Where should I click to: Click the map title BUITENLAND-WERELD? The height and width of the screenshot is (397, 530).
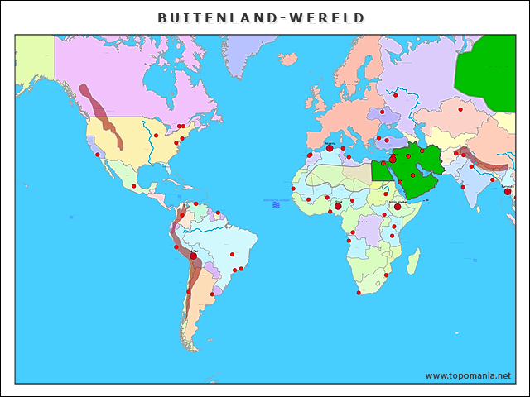(261, 17)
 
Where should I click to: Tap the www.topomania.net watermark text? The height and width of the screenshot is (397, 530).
(468, 375)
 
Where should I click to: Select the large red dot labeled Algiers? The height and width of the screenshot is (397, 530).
(329, 149)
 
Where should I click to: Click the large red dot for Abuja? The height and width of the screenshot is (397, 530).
(338, 206)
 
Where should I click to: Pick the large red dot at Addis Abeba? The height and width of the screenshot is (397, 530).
(397, 207)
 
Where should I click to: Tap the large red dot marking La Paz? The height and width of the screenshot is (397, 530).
(194, 256)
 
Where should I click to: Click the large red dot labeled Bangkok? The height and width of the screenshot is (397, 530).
(508, 191)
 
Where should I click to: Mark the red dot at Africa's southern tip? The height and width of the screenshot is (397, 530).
(358, 292)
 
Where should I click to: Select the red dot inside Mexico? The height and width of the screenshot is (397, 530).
(133, 186)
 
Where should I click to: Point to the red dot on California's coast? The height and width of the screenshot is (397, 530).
(97, 155)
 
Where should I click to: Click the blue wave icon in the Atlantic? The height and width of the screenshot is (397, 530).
(277, 202)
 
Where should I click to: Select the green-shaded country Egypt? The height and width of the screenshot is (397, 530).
(383, 170)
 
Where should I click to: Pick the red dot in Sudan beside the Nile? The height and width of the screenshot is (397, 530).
(385, 194)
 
